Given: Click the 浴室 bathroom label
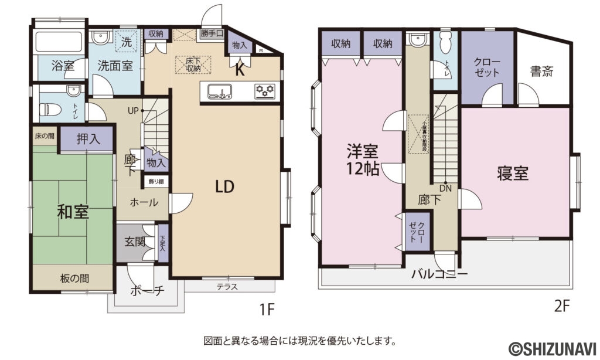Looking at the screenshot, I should pos(63,66).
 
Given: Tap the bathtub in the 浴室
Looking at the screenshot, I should pos(59,42).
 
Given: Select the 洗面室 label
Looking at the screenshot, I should pos(114,66).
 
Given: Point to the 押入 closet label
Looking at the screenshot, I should pos(88,140).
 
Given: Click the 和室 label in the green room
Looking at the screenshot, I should pos(73,212).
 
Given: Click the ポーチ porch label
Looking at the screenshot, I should pos(146,291).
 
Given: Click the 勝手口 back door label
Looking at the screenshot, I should pos(212,33).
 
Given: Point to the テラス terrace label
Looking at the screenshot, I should pos(227,287).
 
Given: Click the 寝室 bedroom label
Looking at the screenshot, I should pos(513,174).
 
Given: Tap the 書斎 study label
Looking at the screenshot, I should pos(542,72).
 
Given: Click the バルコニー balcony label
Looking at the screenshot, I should pos(439,274).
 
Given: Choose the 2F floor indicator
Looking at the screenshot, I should pos(562,305).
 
